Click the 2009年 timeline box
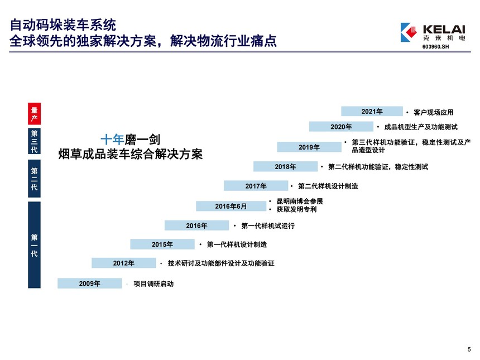90,283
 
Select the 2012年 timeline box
124,263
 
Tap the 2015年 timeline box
162,244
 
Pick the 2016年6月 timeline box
231,206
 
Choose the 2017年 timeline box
256,186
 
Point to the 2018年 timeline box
285,166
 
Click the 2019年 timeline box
309,147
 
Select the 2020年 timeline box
341,127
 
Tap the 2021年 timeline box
372,111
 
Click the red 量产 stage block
34,114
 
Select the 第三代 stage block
34,141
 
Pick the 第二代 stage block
34,179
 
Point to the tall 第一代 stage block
34,245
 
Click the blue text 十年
112,140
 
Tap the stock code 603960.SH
435,46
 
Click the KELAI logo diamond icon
409,32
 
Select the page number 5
469,349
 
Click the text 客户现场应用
434,112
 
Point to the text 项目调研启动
153,284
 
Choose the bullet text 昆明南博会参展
300,201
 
